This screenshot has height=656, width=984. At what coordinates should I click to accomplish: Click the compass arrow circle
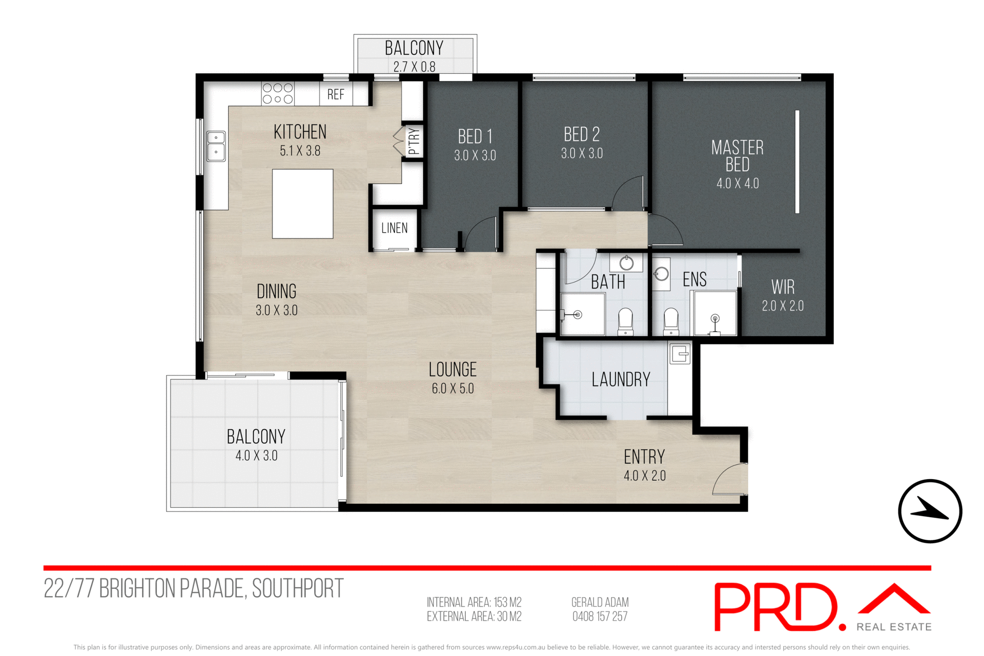pos(930,511)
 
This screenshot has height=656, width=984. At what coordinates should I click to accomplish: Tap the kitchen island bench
pos(302,203)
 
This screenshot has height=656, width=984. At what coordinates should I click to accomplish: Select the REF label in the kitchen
pos(336,94)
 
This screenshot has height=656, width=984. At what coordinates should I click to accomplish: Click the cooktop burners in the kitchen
pos(277,94)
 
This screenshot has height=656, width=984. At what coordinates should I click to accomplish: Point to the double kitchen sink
pos(216,146)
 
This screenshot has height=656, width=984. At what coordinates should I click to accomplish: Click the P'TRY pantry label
pos(414,141)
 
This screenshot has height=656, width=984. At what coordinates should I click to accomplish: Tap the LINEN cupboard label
pos(394,228)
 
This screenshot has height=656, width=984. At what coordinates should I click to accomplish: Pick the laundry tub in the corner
pos(680,354)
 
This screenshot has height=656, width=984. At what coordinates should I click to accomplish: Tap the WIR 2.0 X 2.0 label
pos(783,296)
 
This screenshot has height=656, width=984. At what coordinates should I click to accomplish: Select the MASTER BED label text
pos(737,156)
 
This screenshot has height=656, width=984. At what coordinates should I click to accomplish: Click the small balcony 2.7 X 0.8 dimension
pos(414,67)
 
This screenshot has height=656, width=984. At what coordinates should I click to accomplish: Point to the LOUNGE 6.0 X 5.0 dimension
pos(453,388)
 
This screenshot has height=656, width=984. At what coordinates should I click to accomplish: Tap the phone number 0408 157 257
pos(600,617)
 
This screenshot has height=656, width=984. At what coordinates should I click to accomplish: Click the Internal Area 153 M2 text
pos(474,602)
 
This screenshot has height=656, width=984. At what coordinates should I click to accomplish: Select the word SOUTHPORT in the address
pos(298,588)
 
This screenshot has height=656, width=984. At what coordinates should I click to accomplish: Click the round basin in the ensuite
pos(661,274)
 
